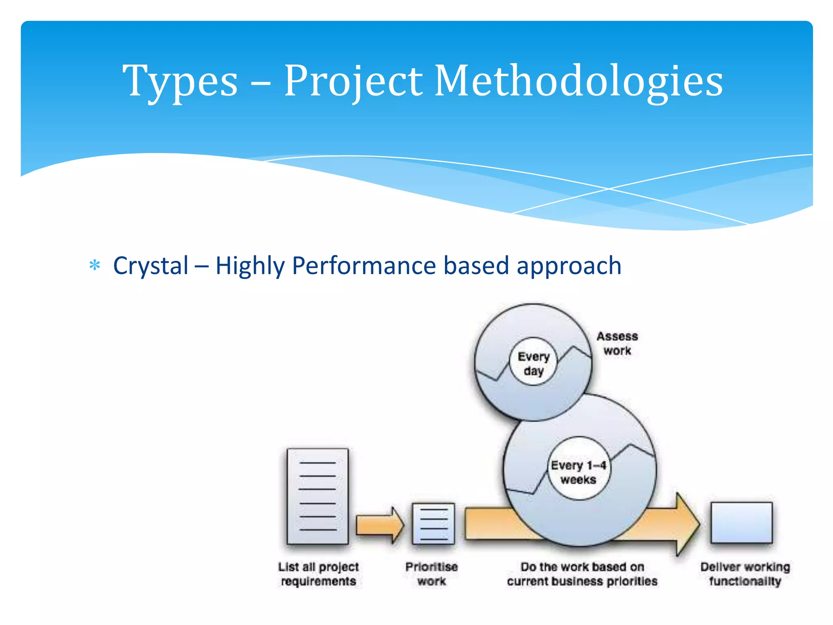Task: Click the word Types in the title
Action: (x=180, y=81)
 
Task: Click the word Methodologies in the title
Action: (x=578, y=81)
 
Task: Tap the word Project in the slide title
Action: (x=353, y=81)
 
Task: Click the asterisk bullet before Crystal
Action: (x=95, y=266)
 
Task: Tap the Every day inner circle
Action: (x=533, y=363)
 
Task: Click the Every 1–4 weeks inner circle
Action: (x=578, y=472)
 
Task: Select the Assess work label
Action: (x=617, y=343)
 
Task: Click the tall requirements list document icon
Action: (x=318, y=496)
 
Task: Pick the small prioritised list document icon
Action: (x=433, y=524)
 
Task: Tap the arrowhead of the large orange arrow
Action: (x=687, y=524)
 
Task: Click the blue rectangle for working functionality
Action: (x=741, y=523)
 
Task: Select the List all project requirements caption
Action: (x=318, y=574)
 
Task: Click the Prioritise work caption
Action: (x=432, y=574)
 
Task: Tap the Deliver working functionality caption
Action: (x=745, y=574)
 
